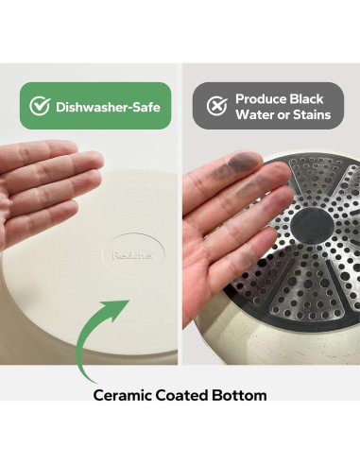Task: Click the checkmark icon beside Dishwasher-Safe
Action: point(40,106)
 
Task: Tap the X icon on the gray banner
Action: point(216,106)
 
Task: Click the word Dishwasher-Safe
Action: point(108,107)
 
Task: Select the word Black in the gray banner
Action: point(306,99)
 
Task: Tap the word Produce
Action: point(261,99)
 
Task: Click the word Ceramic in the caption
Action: point(123,395)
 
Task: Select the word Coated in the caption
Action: point(181,395)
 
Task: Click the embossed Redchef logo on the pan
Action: point(133,255)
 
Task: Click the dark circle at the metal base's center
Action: point(312,224)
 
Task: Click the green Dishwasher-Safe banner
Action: point(95,106)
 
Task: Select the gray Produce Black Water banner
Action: point(268,106)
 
